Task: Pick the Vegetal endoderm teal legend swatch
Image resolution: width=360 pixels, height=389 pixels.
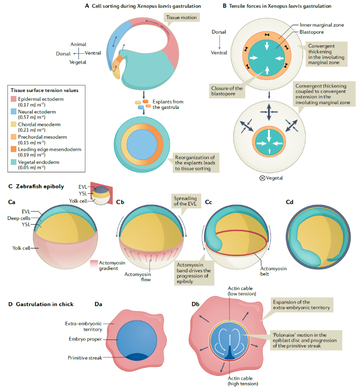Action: (x=13, y=162)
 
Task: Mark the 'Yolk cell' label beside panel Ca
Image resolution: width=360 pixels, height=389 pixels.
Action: (x=21, y=248)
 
